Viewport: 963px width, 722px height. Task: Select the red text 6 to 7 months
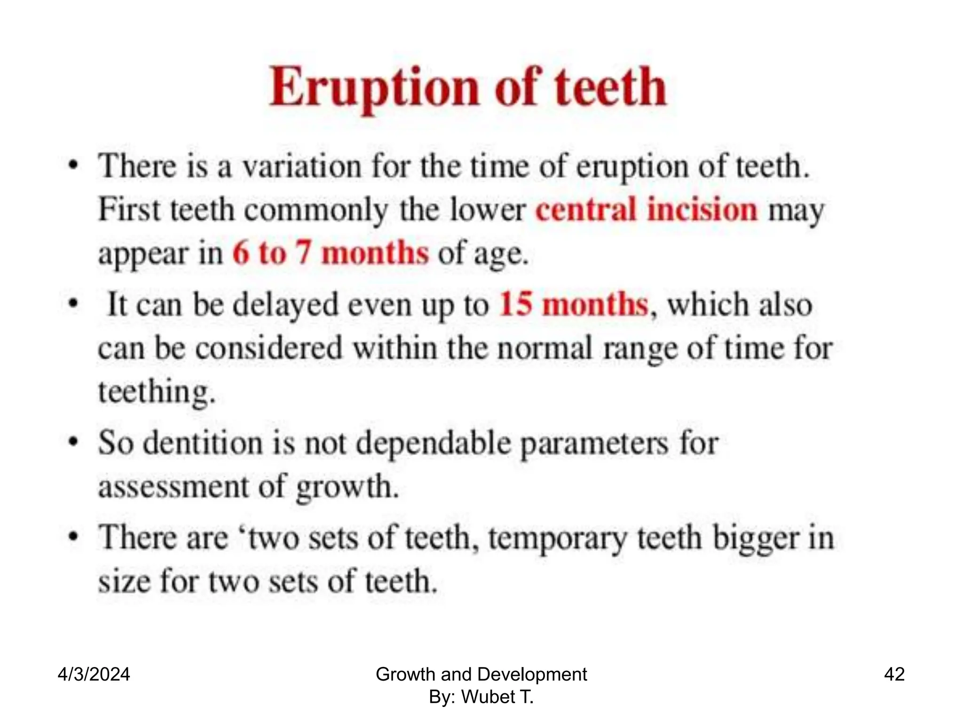331,253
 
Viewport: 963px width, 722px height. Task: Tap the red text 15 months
573,304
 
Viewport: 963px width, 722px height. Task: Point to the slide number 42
894,674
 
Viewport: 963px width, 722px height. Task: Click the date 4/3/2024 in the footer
94,674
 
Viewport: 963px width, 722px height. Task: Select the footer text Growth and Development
481,674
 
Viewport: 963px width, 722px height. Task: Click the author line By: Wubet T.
481,697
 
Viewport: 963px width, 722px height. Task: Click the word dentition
203,443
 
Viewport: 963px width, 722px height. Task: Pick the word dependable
433,444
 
